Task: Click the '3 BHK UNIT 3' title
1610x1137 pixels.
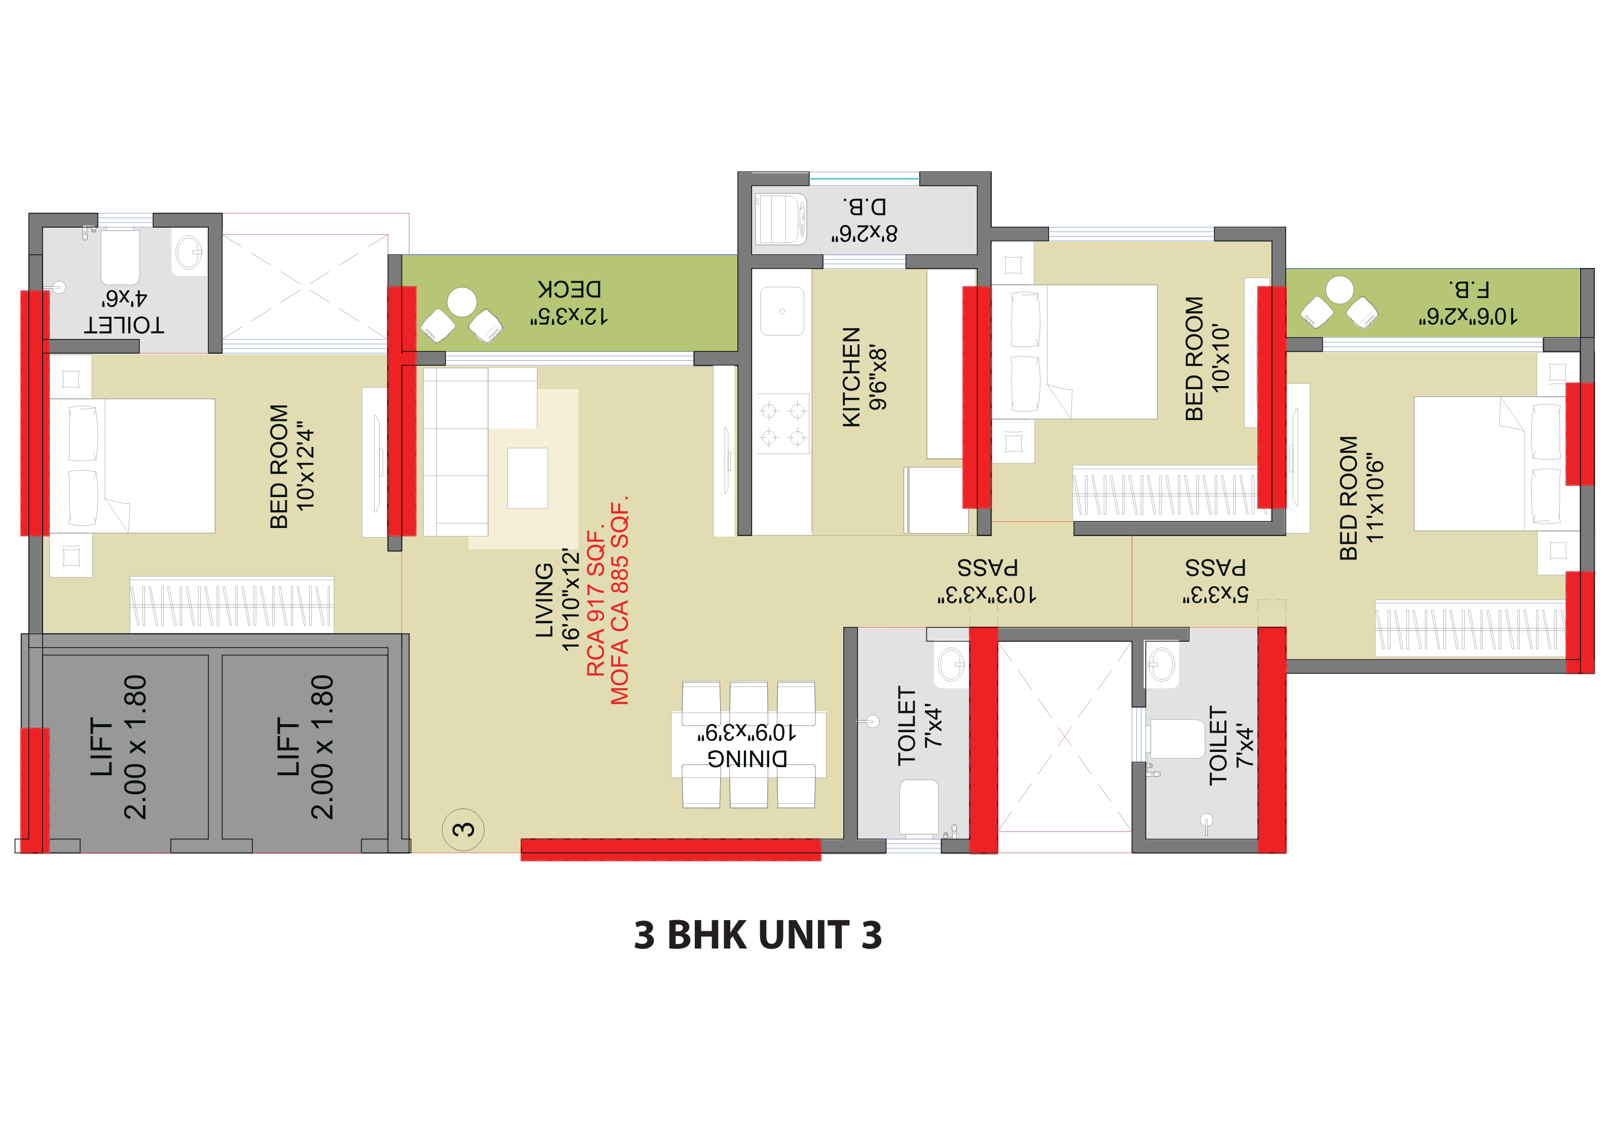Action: pos(757,935)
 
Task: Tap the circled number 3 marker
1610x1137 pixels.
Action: pos(463,830)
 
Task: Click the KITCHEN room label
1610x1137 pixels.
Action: pos(850,377)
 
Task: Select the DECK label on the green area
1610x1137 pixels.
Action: pos(570,289)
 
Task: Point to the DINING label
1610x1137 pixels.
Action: pos(747,759)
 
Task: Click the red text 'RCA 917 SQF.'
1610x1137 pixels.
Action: pos(595,603)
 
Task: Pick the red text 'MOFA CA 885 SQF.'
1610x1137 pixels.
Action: pos(620,600)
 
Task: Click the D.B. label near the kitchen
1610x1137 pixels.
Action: pos(865,207)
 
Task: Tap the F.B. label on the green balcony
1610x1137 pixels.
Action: pos(1468,289)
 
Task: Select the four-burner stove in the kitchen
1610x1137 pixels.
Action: pos(783,424)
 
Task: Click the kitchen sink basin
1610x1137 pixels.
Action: pos(782,311)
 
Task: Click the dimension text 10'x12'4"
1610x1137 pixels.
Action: pos(306,466)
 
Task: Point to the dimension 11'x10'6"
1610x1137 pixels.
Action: pos(1375,499)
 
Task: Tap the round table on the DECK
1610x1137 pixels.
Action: pos(462,302)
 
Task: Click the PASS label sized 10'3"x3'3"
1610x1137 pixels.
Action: pos(987,568)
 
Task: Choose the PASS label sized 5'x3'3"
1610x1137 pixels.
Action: pos(1215,568)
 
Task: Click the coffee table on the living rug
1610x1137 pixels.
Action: pos(528,478)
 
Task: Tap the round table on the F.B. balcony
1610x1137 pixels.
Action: pos(1339,289)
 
